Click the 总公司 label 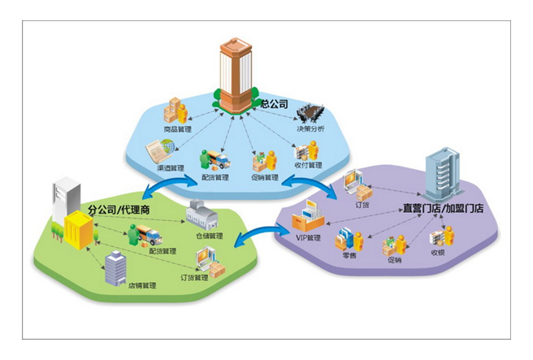[273, 104]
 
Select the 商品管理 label [178, 128]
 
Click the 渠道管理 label [171, 167]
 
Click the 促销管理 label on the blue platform [265, 176]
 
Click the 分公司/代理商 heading [119, 210]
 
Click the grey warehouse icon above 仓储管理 [201, 216]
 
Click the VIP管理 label [308, 237]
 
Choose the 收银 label [440, 253]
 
